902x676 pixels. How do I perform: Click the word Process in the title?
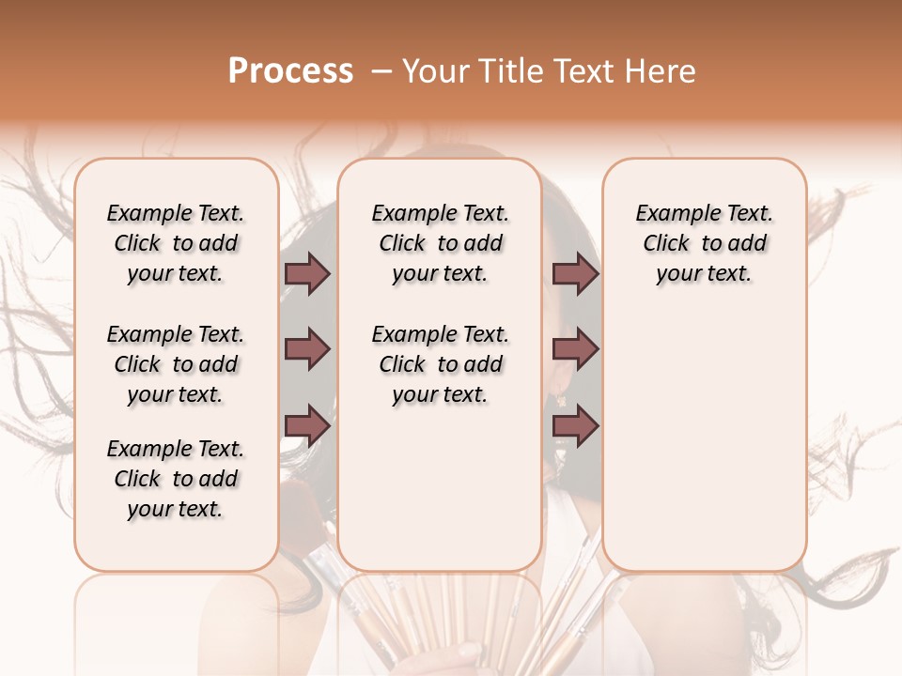[x=290, y=71]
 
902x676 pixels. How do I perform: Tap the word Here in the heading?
[x=661, y=71]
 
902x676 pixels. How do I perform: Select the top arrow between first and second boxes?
[x=307, y=274]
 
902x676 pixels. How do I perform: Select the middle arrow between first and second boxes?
[x=307, y=349]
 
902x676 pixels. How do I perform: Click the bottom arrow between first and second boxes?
[x=307, y=425]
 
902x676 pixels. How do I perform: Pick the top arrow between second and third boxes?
[x=575, y=274]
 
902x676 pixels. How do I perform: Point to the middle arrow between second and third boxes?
[x=575, y=349]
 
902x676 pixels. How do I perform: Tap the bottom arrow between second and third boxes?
[x=575, y=425]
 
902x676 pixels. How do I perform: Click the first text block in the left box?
[x=176, y=243]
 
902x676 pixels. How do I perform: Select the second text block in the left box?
[x=176, y=364]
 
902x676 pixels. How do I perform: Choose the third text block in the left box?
[x=176, y=479]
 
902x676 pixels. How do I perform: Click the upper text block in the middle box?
[x=440, y=243]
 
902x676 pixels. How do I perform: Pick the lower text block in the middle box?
[x=440, y=364]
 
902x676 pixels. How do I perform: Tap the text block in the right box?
[x=704, y=243]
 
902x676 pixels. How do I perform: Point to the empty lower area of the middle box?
[x=440, y=488]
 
